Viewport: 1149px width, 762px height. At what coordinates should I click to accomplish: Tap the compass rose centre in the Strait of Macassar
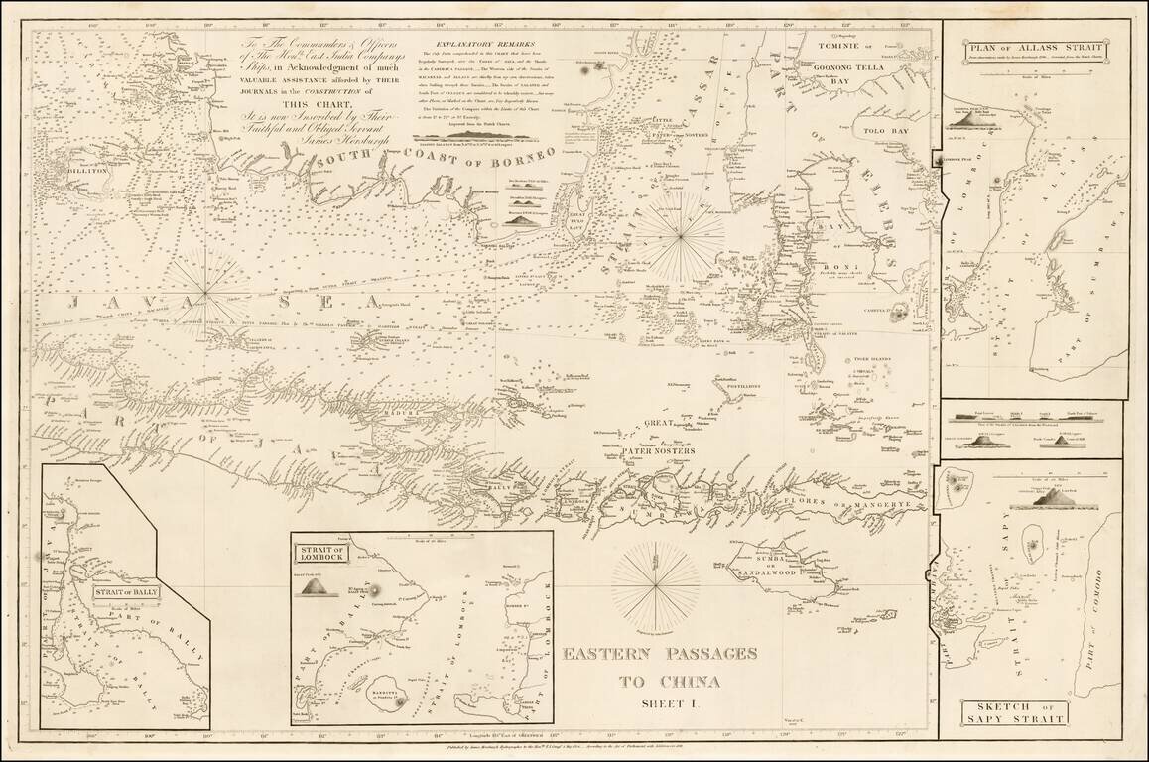click(681, 233)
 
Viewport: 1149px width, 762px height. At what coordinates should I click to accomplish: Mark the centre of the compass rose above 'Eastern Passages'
click(655, 586)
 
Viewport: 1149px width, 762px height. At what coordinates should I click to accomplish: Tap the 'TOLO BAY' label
click(886, 130)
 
